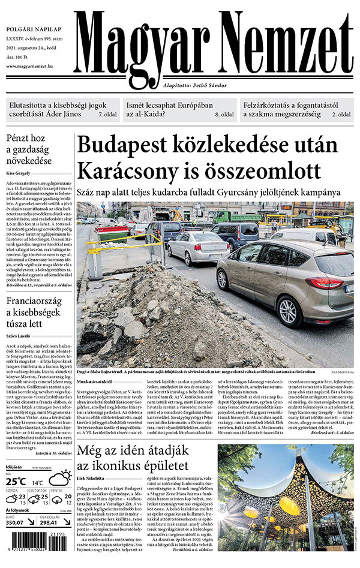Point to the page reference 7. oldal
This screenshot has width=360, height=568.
click(x=107, y=114)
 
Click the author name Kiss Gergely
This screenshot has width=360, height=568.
click(x=19, y=172)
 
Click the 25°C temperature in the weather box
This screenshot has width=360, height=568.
click(x=17, y=481)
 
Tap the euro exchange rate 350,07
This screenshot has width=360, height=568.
click(x=17, y=522)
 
